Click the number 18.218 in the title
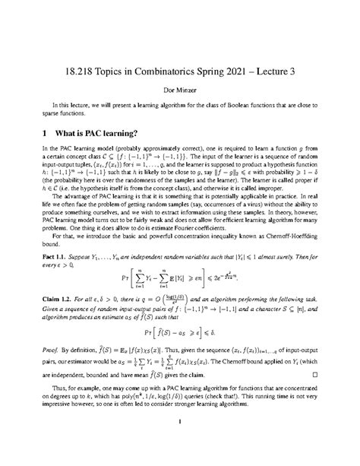tap(76, 59)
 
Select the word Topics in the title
tap(111, 59)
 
